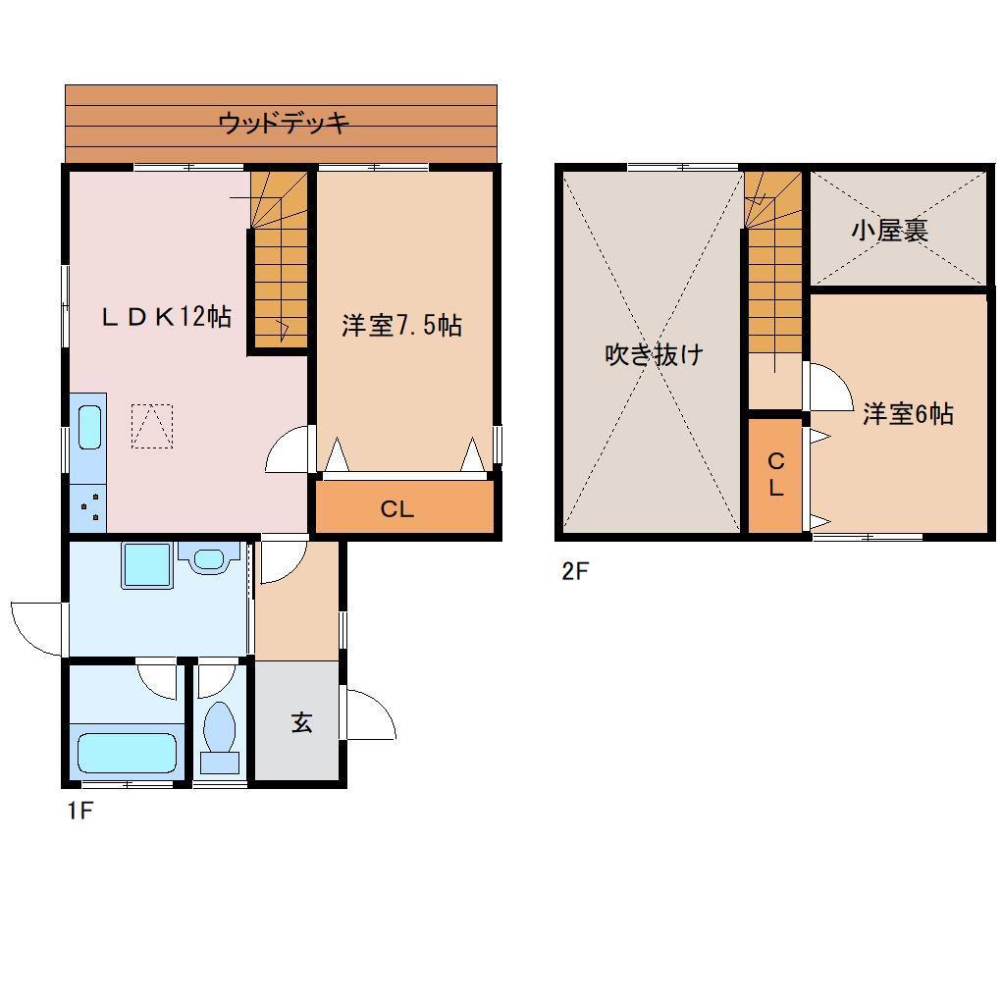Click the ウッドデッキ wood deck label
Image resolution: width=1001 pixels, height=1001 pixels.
tap(284, 124)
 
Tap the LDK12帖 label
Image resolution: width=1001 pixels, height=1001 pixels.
tap(168, 317)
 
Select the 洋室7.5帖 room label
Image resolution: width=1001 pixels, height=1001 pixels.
tap(401, 326)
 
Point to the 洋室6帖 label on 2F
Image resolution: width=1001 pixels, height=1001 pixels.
tap(908, 414)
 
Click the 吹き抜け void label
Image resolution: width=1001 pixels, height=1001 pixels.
tap(654, 354)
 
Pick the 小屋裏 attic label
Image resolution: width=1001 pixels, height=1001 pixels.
tap(890, 232)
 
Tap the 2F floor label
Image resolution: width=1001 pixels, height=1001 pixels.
tap(574, 570)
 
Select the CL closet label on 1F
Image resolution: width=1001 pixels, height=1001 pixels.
tap(397, 509)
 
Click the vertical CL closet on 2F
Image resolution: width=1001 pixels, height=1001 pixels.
tap(775, 475)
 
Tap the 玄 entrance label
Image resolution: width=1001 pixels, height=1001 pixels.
tap(300, 723)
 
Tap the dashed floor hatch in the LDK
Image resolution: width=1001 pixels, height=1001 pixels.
tap(152, 426)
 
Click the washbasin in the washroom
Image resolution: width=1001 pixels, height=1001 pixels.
tap(209, 559)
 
